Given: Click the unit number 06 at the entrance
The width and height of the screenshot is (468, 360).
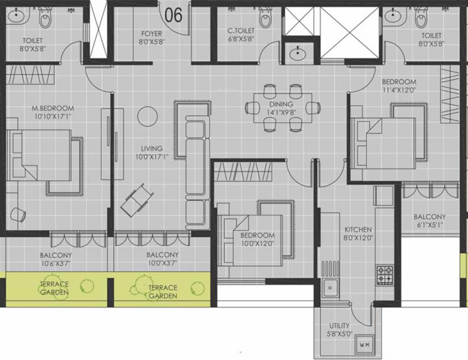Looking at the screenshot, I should [173, 15].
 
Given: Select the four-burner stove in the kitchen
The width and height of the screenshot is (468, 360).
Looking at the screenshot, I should [385, 275].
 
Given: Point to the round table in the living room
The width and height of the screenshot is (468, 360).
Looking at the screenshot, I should [148, 115].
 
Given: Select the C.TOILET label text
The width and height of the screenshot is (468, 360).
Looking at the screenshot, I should [240, 31].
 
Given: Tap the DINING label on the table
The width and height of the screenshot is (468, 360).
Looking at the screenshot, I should [281, 104].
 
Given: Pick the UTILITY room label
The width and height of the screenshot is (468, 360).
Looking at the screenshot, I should [339, 326].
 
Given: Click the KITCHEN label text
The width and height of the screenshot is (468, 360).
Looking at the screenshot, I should [358, 230].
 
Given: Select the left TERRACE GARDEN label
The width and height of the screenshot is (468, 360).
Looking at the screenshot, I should [54, 288].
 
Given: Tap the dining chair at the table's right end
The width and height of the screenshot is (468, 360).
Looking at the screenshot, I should [312, 107].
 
